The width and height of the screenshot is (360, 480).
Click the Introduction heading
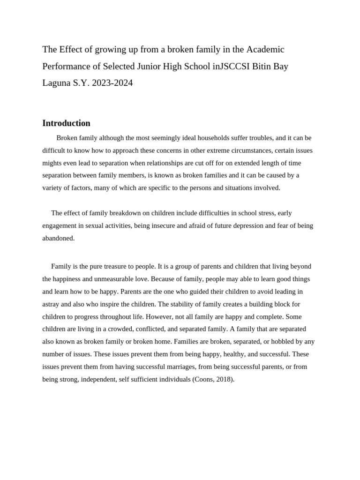point(66,123)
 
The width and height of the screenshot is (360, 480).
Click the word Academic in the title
point(265,50)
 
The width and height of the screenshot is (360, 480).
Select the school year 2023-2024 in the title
point(112,83)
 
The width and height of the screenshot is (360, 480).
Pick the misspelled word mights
point(52,163)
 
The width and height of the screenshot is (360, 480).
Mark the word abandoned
point(58,238)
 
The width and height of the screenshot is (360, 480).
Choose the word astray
point(51,304)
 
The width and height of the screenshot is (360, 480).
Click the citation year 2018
point(224,379)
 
